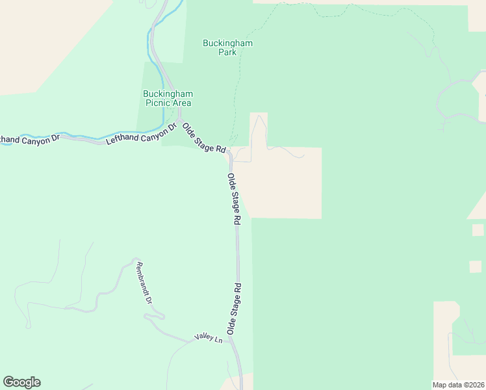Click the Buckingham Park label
[227, 47]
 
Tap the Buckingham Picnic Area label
[168, 98]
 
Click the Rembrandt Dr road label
[144, 283]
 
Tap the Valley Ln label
[208, 339]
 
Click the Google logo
[21, 382]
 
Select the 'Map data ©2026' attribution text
[459, 385]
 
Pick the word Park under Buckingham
[227, 52]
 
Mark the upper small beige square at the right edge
[478, 229]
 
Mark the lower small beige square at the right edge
[476, 266]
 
